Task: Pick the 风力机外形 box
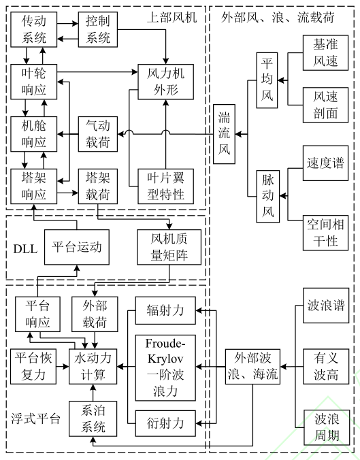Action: click(x=161, y=82)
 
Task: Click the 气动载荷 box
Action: click(x=98, y=133)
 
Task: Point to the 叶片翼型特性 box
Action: click(x=161, y=186)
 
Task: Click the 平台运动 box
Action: click(x=76, y=246)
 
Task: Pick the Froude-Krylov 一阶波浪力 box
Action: click(x=166, y=367)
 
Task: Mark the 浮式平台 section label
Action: click(x=35, y=417)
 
